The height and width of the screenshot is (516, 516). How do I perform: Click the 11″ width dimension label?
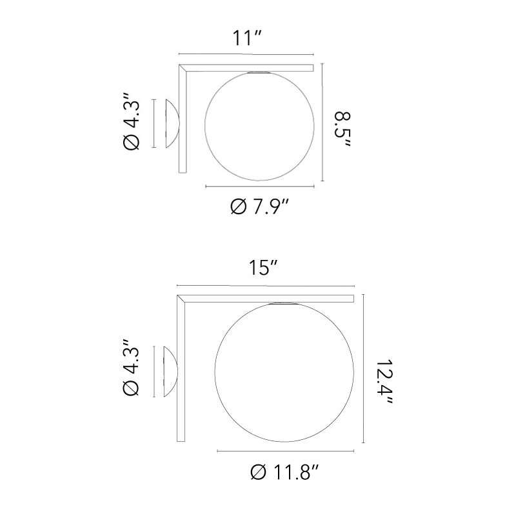(x=246, y=38)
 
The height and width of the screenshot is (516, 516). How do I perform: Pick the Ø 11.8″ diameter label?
(x=284, y=474)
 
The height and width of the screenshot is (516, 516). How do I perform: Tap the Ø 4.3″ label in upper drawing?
(x=131, y=124)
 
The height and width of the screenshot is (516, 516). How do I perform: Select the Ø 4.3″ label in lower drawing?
(x=131, y=371)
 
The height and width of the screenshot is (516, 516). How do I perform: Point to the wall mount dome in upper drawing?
(x=172, y=124)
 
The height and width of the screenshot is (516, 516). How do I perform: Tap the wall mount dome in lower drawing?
(x=172, y=371)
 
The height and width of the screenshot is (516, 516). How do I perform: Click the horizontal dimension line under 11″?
(x=246, y=55)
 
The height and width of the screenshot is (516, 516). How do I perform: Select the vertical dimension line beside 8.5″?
(x=322, y=123)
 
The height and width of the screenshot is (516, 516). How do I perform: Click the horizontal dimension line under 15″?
(x=266, y=285)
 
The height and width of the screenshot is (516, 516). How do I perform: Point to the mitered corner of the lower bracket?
(x=182, y=299)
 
